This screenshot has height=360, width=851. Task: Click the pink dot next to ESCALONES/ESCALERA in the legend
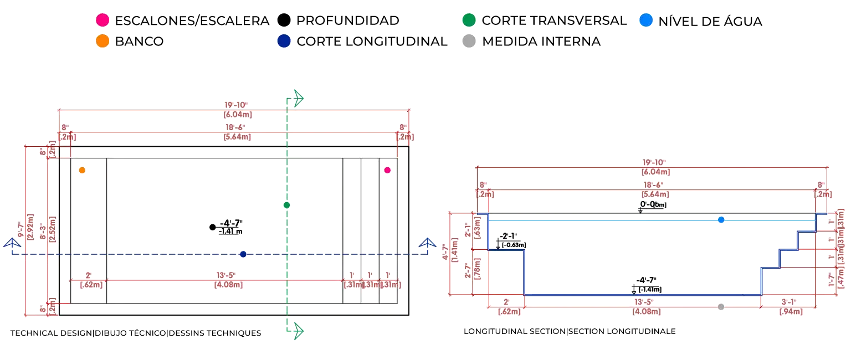click(x=102, y=21)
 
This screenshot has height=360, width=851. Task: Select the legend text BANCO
click(x=139, y=42)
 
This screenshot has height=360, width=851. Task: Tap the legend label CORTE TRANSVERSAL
click(x=554, y=21)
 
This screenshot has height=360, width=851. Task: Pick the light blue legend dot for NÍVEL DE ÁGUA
click(x=645, y=21)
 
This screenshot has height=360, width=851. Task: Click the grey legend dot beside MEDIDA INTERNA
click(x=469, y=42)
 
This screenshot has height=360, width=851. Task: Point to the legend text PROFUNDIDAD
click(x=347, y=21)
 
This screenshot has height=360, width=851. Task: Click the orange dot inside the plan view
click(x=82, y=171)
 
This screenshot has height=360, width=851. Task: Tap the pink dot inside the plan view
click(x=387, y=171)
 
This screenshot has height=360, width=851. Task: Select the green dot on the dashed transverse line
click(x=286, y=205)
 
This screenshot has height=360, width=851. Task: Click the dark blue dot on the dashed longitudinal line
click(x=243, y=254)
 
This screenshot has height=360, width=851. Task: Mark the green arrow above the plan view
click(x=297, y=98)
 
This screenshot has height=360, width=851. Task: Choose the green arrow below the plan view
click(x=297, y=331)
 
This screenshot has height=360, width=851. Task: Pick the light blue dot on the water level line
click(x=721, y=220)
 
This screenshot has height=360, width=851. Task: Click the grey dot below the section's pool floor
click(x=720, y=306)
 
